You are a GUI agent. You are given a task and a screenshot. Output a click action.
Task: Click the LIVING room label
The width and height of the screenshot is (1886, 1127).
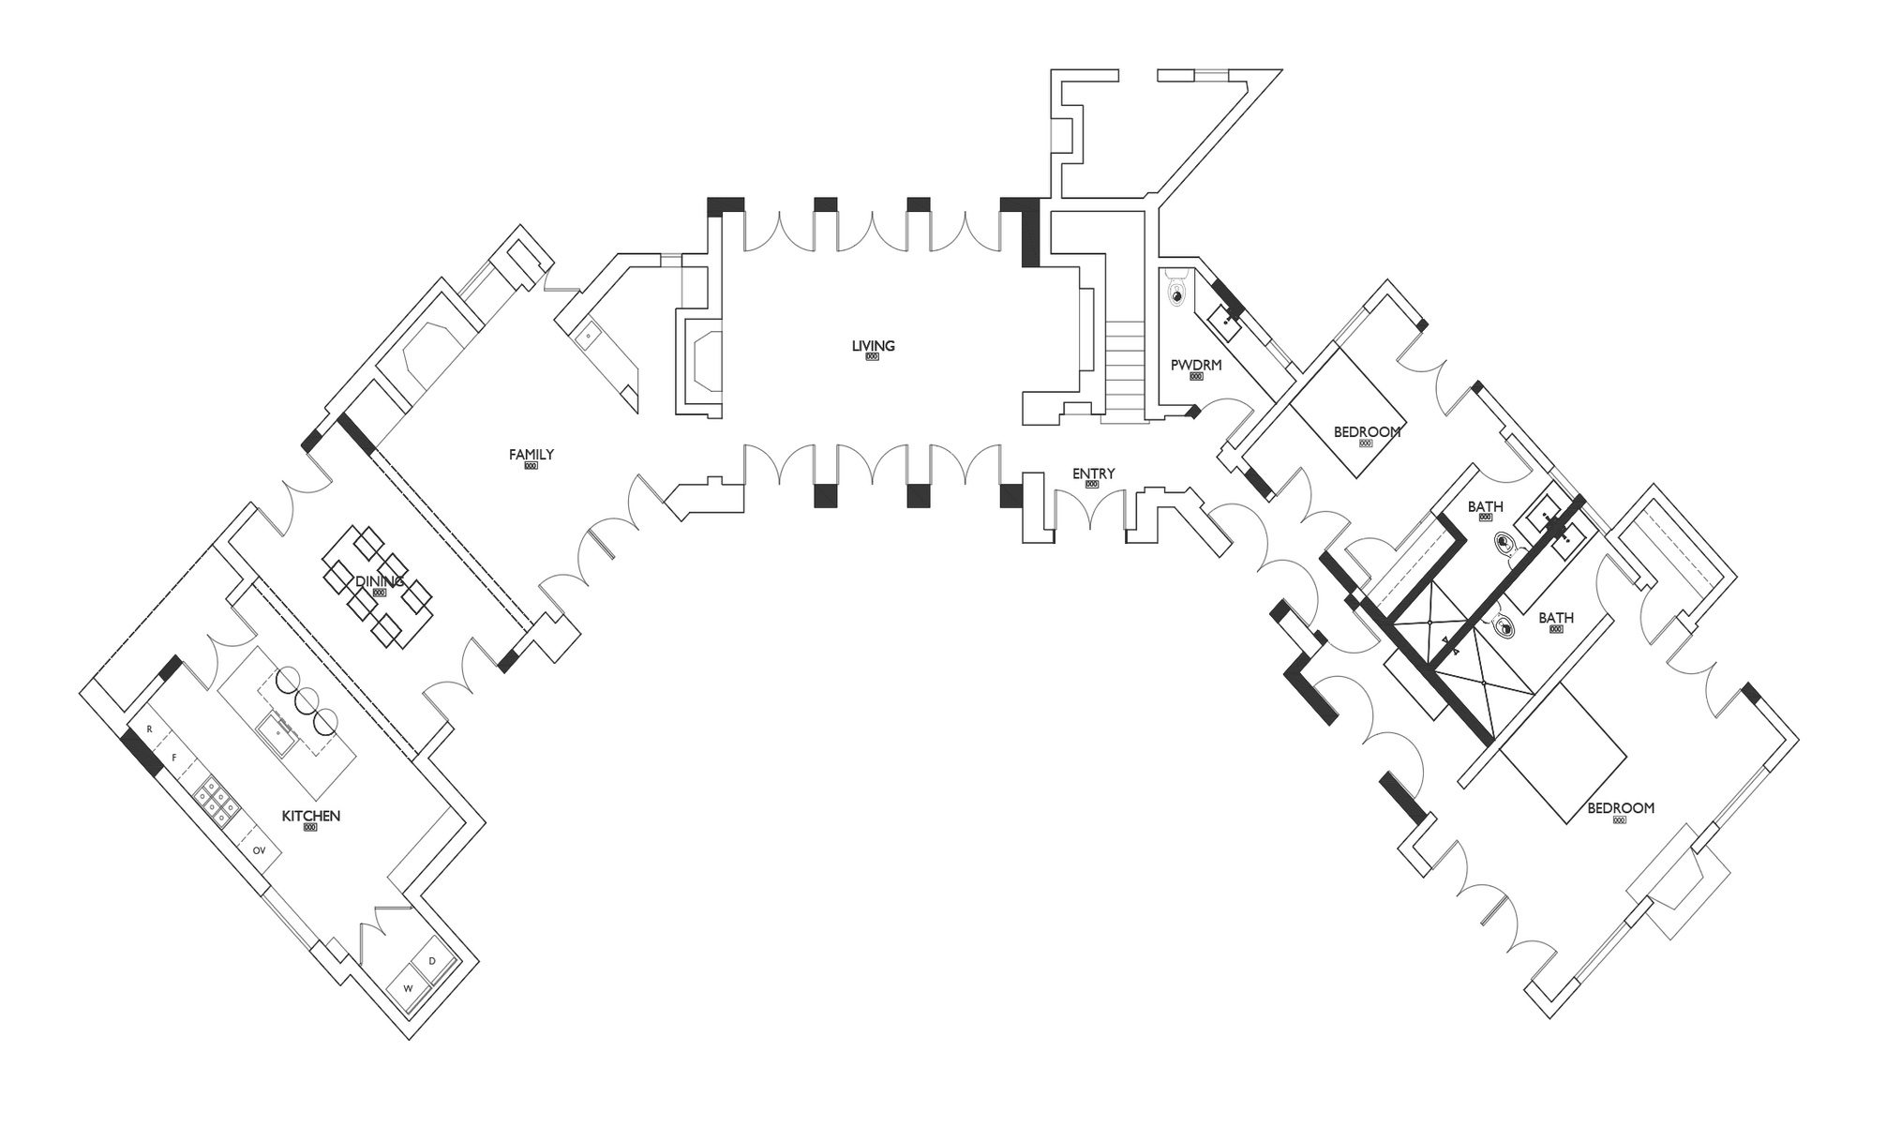pos(873,346)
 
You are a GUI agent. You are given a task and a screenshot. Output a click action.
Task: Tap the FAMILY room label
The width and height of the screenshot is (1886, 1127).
pos(531,455)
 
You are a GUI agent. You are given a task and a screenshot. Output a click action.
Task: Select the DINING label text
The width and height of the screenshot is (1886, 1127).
pos(380,582)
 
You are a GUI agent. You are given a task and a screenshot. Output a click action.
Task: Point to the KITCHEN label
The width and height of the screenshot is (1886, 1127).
pos(311,817)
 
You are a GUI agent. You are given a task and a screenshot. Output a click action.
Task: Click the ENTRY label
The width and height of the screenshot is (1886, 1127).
pos(1093,474)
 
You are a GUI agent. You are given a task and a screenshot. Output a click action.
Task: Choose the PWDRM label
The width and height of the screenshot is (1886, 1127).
pos(1196,366)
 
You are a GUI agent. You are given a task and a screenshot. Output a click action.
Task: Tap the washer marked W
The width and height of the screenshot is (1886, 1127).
pos(408,988)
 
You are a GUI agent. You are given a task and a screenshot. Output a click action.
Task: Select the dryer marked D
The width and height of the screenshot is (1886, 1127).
pos(432,962)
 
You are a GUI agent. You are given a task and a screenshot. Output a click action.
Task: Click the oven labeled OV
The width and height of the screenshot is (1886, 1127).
pos(260,850)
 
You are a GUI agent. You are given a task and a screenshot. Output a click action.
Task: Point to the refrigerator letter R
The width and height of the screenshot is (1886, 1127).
pos(149,729)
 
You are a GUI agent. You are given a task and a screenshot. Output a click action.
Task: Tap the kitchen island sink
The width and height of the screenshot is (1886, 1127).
pos(278,731)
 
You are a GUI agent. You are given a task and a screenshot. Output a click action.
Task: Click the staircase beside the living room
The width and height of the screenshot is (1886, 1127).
pos(1125,366)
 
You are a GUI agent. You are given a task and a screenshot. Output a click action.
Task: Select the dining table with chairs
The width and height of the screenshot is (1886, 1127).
pos(378,586)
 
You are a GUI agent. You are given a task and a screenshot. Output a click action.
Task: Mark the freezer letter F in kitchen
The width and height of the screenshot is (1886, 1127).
pos(173,758)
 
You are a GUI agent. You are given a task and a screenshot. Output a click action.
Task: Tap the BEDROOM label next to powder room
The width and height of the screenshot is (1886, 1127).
pos(1367,432)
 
